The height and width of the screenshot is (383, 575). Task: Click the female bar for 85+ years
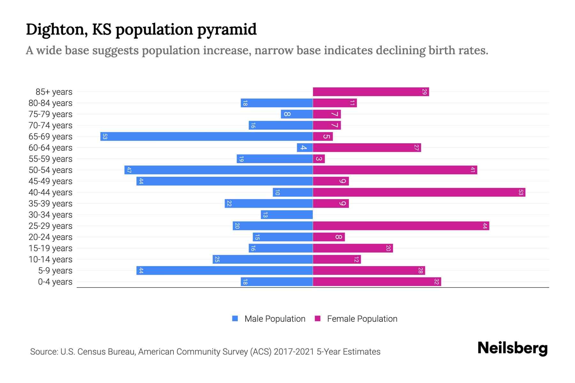pos(371,92)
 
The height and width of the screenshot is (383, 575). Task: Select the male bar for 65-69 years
pos(206,137)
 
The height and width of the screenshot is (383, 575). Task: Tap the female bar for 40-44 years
pos(419,192)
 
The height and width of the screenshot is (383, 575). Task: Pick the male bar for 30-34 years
pos(287,215)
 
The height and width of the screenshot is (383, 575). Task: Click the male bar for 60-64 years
pos(305,148)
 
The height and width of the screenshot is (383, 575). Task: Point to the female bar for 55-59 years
pos(319,159)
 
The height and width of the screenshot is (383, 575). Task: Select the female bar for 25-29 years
pos(401,226)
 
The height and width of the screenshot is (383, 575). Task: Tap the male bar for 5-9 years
pos(224,271)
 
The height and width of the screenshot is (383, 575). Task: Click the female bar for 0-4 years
pos(377,282)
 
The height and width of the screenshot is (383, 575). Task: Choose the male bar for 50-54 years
pos(218,170)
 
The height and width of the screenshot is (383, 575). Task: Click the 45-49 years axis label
pos(50,181)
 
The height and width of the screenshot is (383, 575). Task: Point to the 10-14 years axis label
pos(50,259)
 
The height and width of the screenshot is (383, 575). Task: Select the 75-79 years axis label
pos(50,114)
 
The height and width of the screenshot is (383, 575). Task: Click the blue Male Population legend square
pos(235,319)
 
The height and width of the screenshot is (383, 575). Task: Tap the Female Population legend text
pos(362,319)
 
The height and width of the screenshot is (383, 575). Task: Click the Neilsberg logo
pos(512,348)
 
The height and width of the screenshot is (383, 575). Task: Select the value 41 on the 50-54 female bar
pos(472,170)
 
